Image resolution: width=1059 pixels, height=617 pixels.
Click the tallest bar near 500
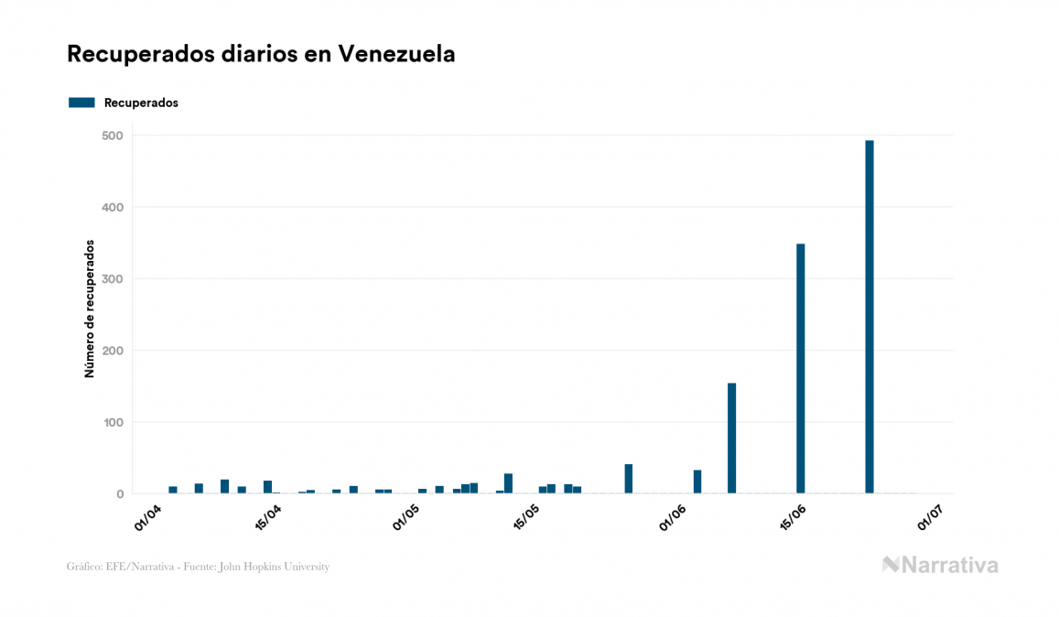tap(869, 317)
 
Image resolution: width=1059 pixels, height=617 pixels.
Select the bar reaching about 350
tap(800, 368)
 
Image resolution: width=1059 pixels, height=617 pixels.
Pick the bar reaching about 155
tap(731, 438)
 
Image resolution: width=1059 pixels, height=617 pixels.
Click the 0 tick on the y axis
tap(119, 494)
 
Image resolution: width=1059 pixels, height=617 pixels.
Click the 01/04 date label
tap(148, 516)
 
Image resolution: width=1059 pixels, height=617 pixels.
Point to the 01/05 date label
tap(405, 516)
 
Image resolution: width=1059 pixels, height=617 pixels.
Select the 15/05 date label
tap(525, 516)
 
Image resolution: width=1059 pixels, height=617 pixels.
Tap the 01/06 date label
tap(672, 516)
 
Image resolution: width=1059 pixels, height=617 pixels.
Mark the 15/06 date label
tap(792, 516)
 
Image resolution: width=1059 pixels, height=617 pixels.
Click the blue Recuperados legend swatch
tap(81, 103)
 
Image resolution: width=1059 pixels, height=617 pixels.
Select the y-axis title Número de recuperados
tap(90, 308)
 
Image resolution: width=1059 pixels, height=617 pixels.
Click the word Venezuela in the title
tap(396, 54)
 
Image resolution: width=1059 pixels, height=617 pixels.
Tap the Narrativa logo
tap(940, 565)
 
